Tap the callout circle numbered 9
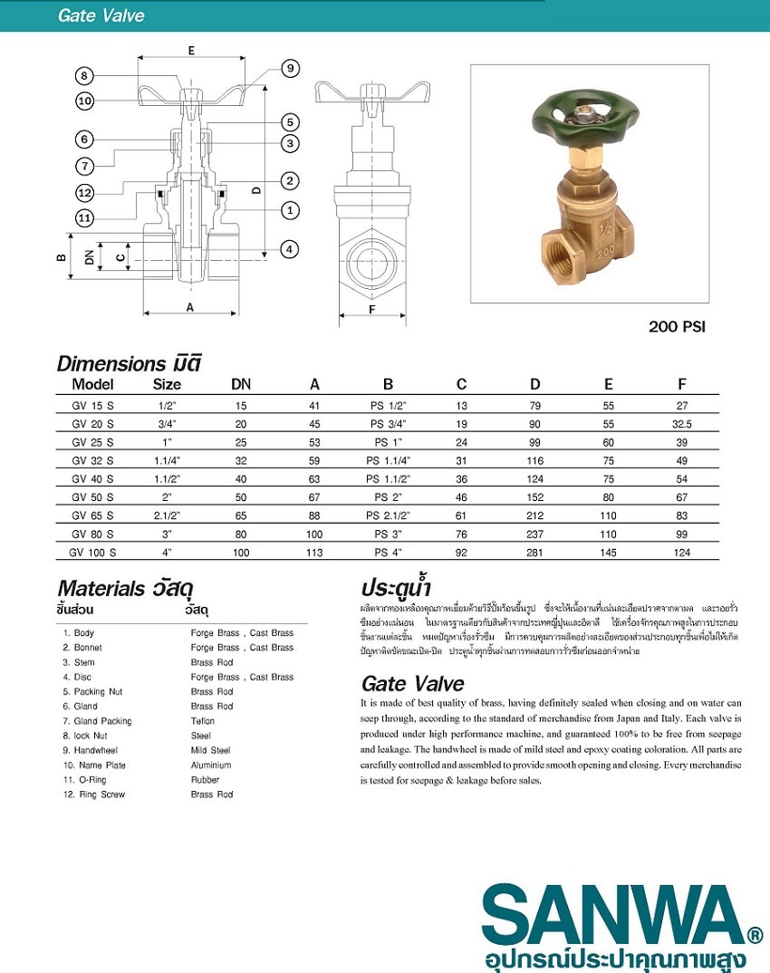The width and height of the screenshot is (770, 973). [290, 69]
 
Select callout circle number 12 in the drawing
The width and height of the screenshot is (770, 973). [84, 192]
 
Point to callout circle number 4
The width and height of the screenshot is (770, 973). [290, 248]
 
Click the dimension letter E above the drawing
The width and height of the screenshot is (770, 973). [191, 51]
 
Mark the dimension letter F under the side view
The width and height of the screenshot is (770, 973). [371, 308]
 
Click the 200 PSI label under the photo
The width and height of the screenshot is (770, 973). [676, 327]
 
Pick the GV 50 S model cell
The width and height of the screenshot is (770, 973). [92, 496]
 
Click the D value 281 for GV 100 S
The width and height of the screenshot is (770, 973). [535, 551]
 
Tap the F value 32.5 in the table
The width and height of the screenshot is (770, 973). [682, 423]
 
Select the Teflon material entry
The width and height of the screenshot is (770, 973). [203, 721]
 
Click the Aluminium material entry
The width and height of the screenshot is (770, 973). [211, 765]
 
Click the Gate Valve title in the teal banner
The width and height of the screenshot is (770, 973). [101, 15]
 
